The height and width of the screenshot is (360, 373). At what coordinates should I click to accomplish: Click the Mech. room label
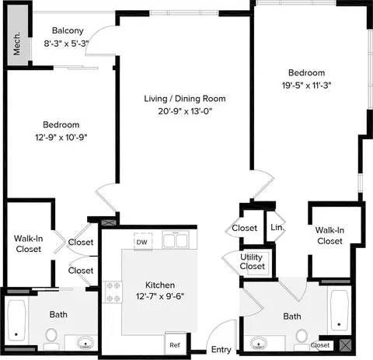pyautogui.click(x=16, y=44)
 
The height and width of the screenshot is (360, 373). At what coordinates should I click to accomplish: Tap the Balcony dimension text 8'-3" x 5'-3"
pyautogui.click(x=66, y=44)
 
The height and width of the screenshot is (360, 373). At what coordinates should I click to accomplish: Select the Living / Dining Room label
pyautogui.click(x=185, y=99)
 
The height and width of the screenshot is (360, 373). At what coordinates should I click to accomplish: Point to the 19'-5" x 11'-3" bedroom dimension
pyautogui.click(x=307, y=86)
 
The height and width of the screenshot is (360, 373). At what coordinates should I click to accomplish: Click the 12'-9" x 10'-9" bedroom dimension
pyautogui.click(x=61, y=137)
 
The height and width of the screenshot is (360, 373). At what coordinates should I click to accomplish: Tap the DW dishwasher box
pyautogui.click(x=143, y=242)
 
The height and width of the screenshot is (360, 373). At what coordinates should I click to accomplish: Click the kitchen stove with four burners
pyautogui.click(x=113, y=292)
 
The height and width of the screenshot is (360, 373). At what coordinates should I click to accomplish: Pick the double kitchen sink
pyautogui.click(x=176, y=240)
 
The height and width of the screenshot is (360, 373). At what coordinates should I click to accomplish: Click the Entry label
pyautogui.click(x=221, y=349)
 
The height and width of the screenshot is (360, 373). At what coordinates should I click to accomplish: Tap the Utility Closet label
pyautogui.click(x=252, y=261)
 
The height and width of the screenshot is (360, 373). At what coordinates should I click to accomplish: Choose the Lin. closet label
pyautogui.click(x=277, y=227)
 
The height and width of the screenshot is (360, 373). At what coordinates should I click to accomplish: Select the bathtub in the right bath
pyautogui.click(x=340, y=310)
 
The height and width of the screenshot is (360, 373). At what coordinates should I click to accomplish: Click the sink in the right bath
pyautogui.click(x=259, y=343)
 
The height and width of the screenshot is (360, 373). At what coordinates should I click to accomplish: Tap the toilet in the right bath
pyautogui.click(x=302, y=340)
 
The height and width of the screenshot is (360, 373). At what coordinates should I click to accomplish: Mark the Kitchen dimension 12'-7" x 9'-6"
pyautogui.click(x=160, y=295)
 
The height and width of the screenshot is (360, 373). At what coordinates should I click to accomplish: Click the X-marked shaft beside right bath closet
pyautogui.click(x=345, y=344)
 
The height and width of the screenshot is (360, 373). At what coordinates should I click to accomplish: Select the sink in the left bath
pyautogui.click(x=85, y=343)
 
